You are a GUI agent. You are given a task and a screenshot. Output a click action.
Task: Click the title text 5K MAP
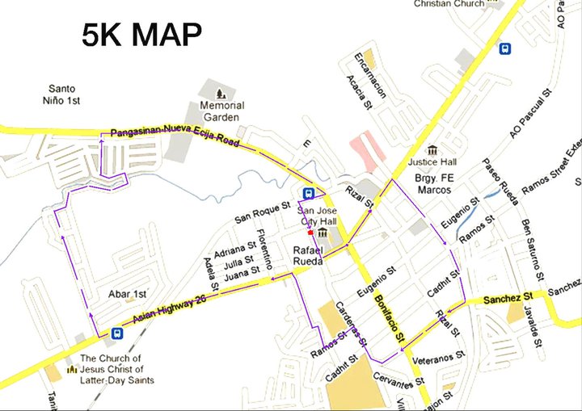point(141,35)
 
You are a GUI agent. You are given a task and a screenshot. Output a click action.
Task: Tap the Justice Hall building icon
point(432,149)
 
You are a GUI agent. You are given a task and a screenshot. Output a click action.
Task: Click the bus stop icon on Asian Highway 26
point(118,333)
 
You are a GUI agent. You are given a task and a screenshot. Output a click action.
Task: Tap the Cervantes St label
point(395,376)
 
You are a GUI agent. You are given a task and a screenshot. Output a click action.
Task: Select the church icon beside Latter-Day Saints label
point(70,369)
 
